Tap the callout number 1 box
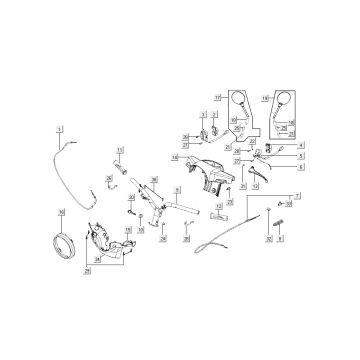tap(60, 131)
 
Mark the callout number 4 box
tap(301, 146)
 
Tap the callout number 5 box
tap(301, 157)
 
